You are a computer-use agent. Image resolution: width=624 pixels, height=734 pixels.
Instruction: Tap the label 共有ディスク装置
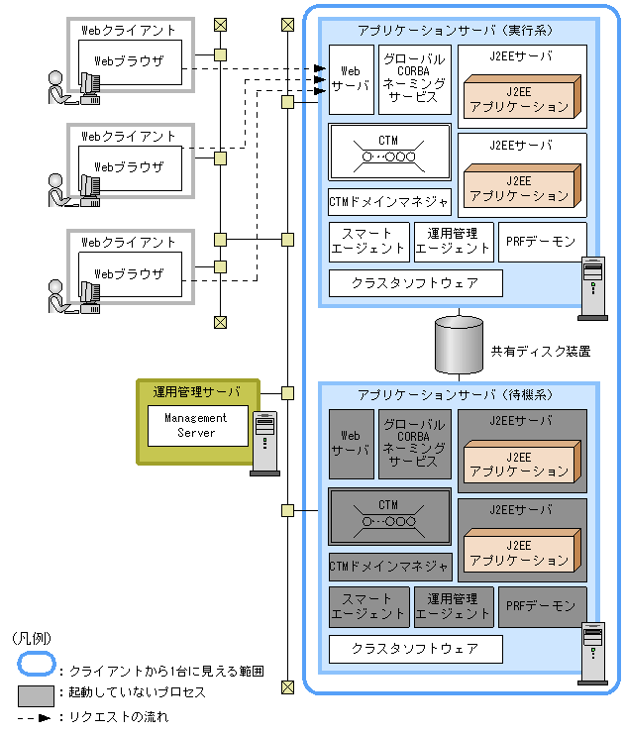541,350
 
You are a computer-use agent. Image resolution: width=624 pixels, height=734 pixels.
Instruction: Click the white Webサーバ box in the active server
350,79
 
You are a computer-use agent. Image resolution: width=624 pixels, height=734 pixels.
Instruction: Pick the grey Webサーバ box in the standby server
350,444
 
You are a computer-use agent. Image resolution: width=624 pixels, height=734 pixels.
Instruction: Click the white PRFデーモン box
542,242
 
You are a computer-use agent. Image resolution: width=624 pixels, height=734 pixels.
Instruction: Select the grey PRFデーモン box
542,606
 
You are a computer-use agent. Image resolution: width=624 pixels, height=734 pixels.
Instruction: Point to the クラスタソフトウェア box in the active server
415,283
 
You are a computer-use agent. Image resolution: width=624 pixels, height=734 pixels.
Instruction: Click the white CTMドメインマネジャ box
389,202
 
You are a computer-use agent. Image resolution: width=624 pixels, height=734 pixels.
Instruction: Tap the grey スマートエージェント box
367,606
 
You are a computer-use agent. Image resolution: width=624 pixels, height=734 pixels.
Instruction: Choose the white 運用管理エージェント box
453,242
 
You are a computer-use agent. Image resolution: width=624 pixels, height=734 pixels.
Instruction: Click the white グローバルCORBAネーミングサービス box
414,79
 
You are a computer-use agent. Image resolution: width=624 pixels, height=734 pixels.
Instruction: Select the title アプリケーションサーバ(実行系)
458,31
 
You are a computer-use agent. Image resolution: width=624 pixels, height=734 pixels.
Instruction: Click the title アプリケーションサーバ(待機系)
458,394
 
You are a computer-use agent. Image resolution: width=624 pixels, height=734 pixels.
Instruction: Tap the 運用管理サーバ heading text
196,391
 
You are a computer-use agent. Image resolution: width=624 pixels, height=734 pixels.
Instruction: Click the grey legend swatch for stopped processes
36,692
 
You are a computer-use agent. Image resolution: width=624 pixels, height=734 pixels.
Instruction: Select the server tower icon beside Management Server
264,442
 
